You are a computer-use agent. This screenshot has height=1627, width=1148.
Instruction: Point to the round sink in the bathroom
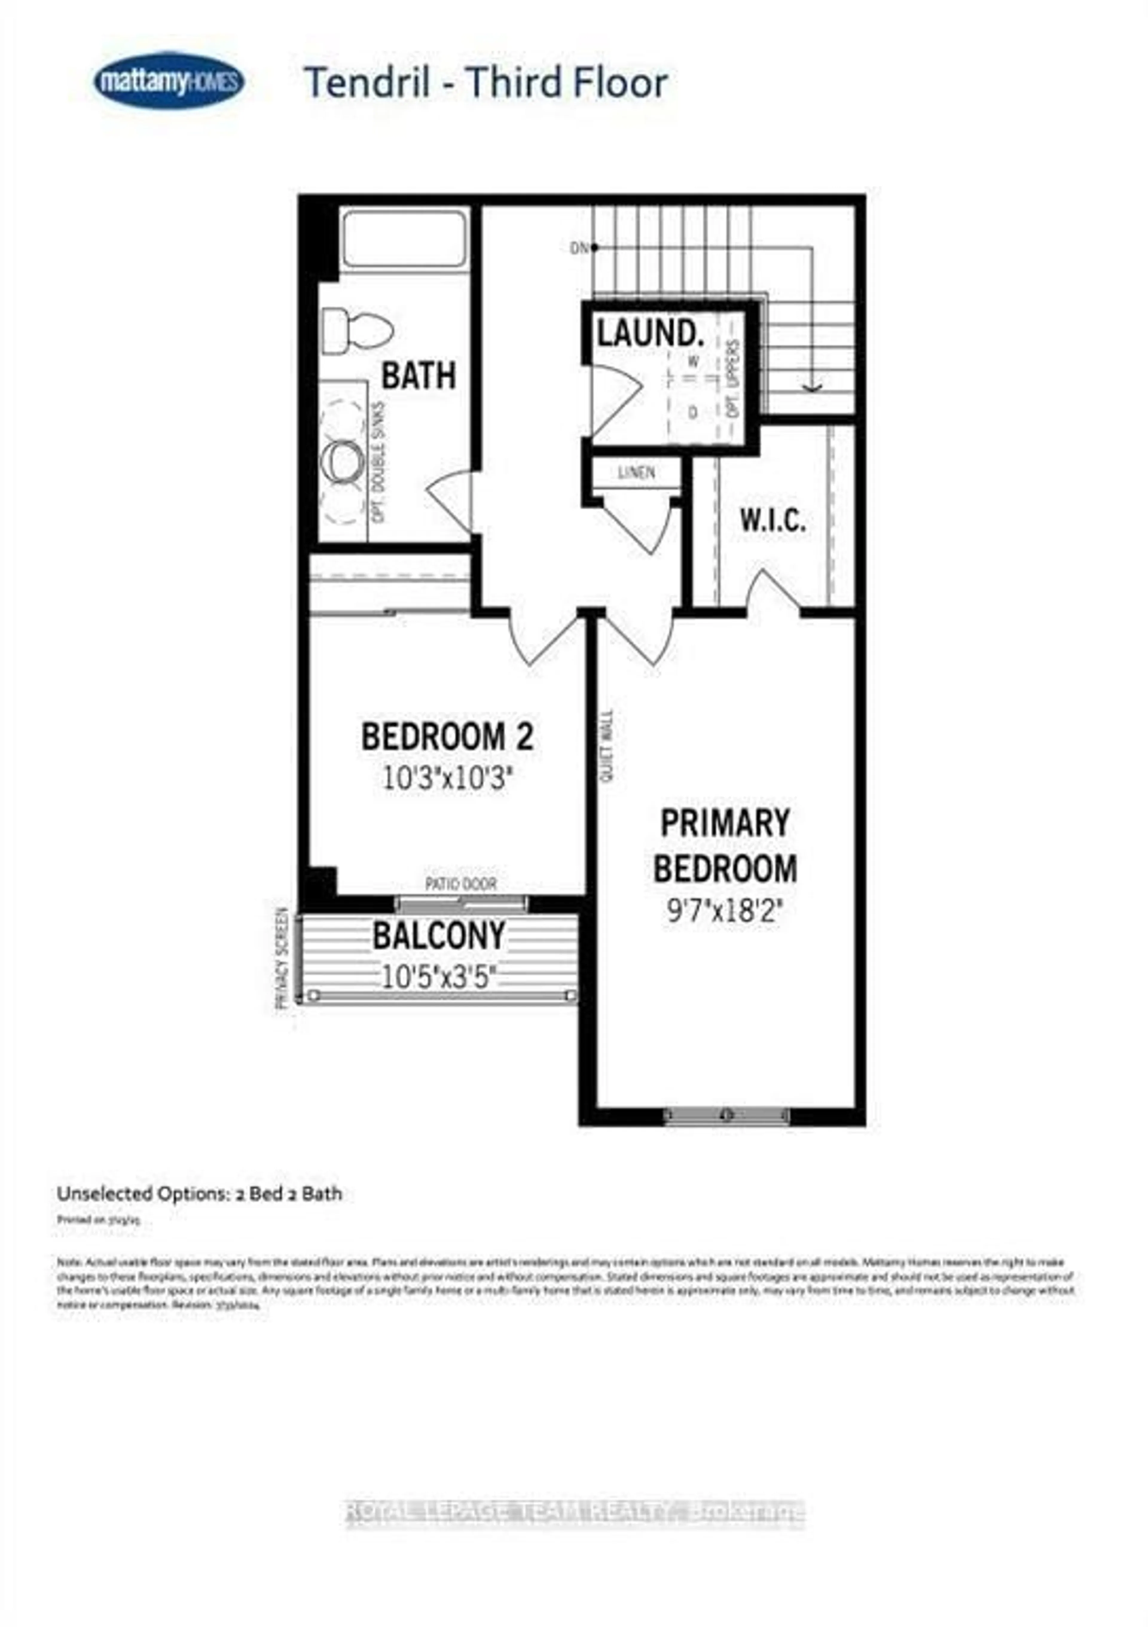tap(343, 460)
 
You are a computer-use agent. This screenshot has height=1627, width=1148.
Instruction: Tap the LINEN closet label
tap(636, 473)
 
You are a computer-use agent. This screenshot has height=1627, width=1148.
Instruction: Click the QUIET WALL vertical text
tap(607, 746)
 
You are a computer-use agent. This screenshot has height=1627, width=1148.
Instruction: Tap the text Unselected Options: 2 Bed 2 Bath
tap(199, 1194)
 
